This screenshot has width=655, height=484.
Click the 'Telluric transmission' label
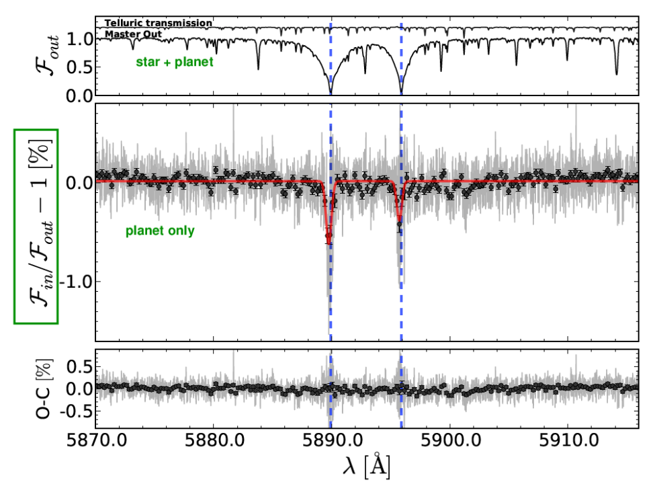coord(159,24)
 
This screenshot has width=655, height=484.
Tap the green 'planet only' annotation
coord(160,231)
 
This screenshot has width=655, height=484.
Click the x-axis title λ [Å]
coord(367,466)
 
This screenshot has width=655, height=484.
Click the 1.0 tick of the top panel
coord(79,39)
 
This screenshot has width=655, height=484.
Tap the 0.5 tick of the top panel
coord(79,67)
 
